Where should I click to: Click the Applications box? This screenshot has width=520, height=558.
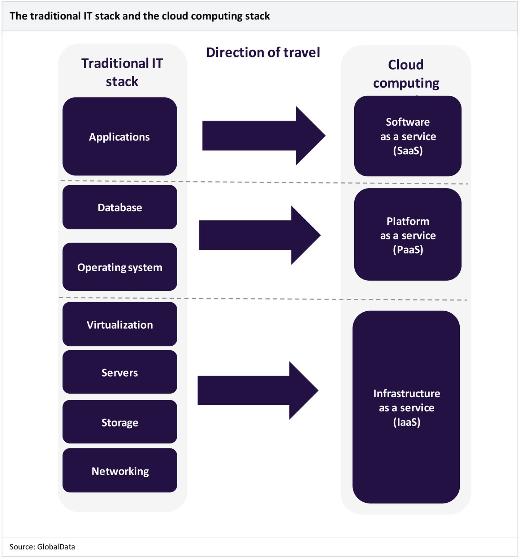pyautogui.click(x=120, y=137)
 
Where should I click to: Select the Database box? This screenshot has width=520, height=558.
pyautogui.click(x=120, y=207)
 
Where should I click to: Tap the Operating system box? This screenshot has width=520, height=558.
pyautogui.click(x=120, y=267)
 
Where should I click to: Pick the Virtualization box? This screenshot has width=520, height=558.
pyautogui.click(x=120, y=324)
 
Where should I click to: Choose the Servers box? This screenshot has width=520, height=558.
pyautogui.click(x=120, y=372)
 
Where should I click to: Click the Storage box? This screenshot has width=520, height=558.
pyautogui.click(x=120, y=422)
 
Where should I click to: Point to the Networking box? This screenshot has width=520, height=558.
pyautogui.click(x=120, y=471)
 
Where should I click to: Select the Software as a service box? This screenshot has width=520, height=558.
pyautogui.click(x=408, y=136)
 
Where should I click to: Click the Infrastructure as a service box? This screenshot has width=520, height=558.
pyautogui.click(x=406, y=407)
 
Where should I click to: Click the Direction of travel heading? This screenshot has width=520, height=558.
pyautogui.click(x=263, y=52)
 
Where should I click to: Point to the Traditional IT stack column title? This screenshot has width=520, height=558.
pyautogui.click(x=122, y=72)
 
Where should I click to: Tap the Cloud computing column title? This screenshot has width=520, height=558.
pyautogui.click(x=406, y=74)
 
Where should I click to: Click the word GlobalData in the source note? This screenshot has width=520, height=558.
pyautogui.click(x=56, y=547)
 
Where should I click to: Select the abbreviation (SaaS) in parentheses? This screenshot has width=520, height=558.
pyautogui.click(x=408, y=150)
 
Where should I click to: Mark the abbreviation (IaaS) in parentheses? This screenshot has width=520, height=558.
pyautogui.click(x=407, y=422)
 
